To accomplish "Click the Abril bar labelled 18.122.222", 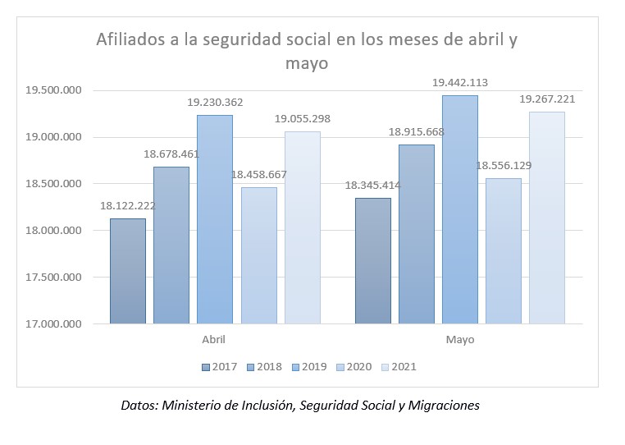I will pyautogui.click(x=127, y=271).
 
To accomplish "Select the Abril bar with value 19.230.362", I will pyautogui.click(x=214, y=219).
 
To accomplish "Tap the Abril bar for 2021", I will pyautogui.click(x=302, y=227).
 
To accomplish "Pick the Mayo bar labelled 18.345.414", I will pyautogui.click(x=372, y=261).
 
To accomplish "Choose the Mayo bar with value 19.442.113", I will pyautogui.click(x=459, y=209).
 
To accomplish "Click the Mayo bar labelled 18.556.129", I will pyautogui.click(x=503, y=251).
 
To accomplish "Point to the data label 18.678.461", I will pyautogui.click(x=171, y=154).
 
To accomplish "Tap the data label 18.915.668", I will pyautogui.click(x=416, y=131).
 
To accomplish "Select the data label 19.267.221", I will pyautogui.click(x=547, y=99).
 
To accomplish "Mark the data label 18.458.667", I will pyautogui.click(x=258, y=175).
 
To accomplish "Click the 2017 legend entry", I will pyautogui.click(x=219, y=366).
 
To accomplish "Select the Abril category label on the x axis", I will pyautogui.click(x=213, y=339).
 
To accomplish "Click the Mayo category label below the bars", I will pyautogui.click(x=459, y=339).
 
